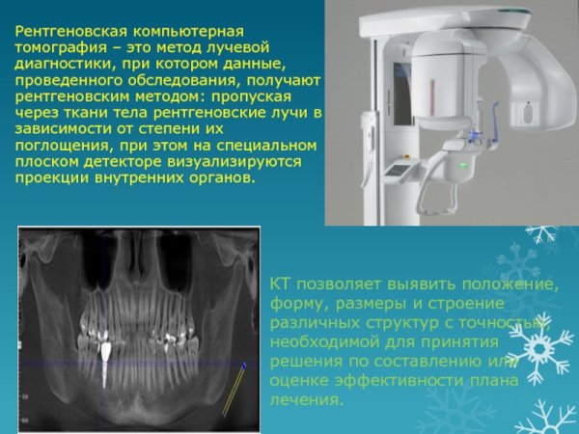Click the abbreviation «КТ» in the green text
(280, 286)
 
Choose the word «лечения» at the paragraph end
(306, 399)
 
